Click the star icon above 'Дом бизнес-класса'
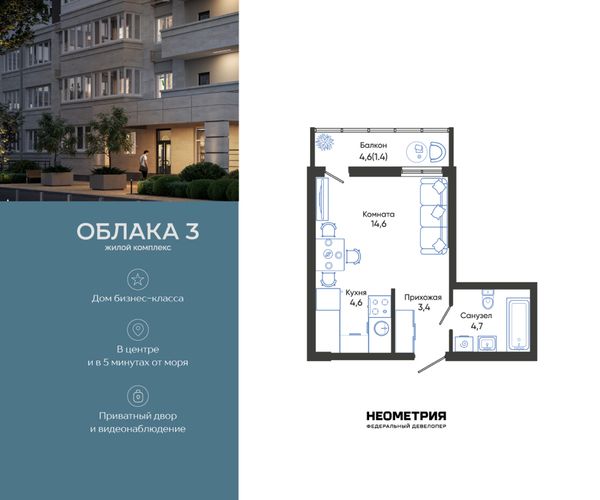pyautogui.click(x=138, y=279)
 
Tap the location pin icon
pyautogui.click(x=138, y=330)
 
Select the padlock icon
pyautogui.click(x=138, y=396)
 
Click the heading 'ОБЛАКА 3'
pyautogui.click(x=138, y=231)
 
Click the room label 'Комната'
pyautogui.click(x=378, y=214)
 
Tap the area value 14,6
pyautogui.click(x=378, y=224)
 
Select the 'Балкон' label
pyautogui.click(x=373, y=145)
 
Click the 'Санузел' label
pyautogui.click(x=476, y=316)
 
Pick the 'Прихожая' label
pyautogui.click(x=423, y=297)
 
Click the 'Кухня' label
pyautogui.click(x=356, y=293)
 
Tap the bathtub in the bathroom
pyautogui.click(x=518, y=324)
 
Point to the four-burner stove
pyautogui.click(x=380, y=306)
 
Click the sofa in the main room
pyautogui.click(x=434, y=216)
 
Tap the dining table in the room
pyautogui.click(x=330, y=254)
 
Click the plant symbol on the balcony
pyautogui.click(x=324, y=142)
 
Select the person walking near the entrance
pyautogui.click(x=143, y=164)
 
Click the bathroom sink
pyautogui.click(x=487, y=343)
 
